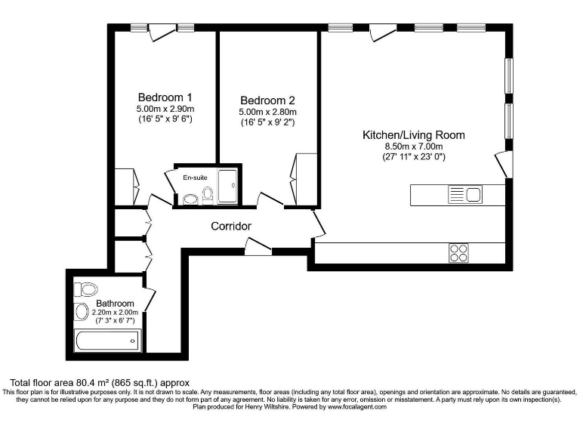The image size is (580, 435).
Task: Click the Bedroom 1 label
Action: tap(165, 97)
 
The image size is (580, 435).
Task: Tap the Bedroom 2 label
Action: tap(267, 100)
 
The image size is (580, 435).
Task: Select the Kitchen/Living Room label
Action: tap(414, 135)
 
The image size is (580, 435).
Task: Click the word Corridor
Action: tap(231, 226)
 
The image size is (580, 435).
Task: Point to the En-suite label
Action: tap(195, 177)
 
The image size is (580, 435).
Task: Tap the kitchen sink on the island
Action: tap(464, 195)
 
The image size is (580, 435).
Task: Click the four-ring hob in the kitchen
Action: tap(458, 253)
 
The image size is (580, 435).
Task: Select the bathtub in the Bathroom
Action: tap(107, 341)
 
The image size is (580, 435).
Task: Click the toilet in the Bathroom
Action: tap(87, 289)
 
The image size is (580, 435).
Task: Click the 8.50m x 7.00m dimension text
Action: tap(414, 147)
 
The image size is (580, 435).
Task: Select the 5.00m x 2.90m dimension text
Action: tap(165, 109)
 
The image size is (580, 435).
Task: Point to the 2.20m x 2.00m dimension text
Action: tap(114, 312)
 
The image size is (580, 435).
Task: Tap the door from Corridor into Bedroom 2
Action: tap(270, 199)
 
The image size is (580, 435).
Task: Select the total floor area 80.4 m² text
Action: tap(98, 383)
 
